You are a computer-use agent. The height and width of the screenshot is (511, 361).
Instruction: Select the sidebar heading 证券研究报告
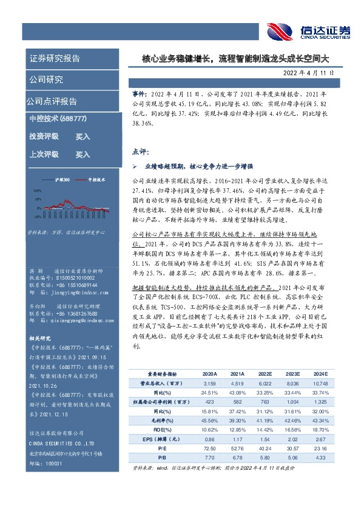pyautogui.click(x=55, y=59)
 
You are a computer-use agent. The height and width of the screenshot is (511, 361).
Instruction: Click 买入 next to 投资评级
pyautogui.click(x=83, y=137)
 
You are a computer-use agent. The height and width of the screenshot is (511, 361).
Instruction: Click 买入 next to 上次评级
pyautogui.click(x=83, y=155)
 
